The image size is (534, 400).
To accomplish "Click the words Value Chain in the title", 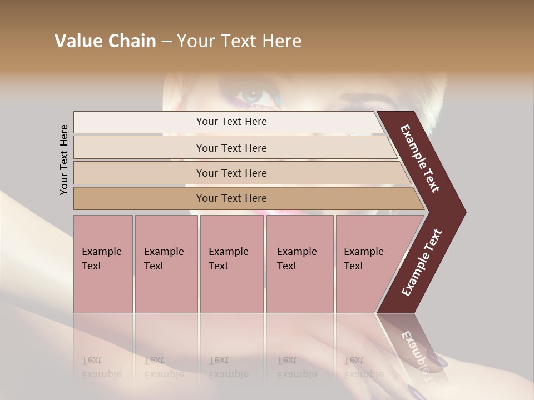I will (105, 41).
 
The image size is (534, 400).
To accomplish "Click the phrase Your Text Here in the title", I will (239, 41).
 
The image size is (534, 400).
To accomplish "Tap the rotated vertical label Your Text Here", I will (64, 159).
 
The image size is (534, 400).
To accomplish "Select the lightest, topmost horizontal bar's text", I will (231, 122).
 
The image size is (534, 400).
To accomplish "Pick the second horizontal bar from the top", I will (231, 148).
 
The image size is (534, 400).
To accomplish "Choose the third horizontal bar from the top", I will (231, 173).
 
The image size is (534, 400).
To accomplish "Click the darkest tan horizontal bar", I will (231, 198).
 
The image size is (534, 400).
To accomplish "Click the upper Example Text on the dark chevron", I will (420, 158).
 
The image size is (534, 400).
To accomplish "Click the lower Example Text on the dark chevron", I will (422, 263).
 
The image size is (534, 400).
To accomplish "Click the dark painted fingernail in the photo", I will (439, 361).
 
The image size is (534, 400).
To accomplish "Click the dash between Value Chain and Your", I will (166, 41).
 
